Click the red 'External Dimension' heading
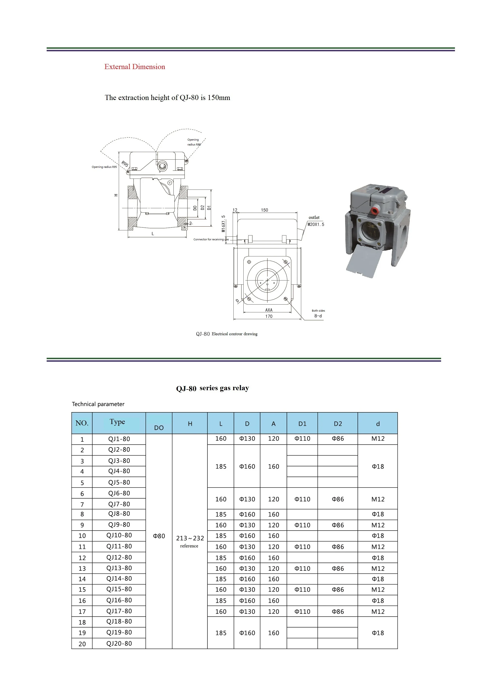click(x=135, y=67)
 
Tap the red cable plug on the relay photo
click(x=375, y=210)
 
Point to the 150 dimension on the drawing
click(x=264, y=210)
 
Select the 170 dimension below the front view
click(x=269, y=316)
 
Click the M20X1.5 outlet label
click(x=316, y=225)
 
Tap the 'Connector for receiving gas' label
click(x=211, y=239)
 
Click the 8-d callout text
click(x=318, y=316)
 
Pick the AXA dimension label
click(x=269, y=310)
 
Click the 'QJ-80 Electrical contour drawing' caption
click(x=227, y=334)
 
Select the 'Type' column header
click(x=117, y=422)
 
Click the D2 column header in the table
click(x=338, y=424)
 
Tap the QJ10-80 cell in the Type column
click(x=119, y=535)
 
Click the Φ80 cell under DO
click(x=159, y=536)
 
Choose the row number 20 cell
click(x=82, y=644)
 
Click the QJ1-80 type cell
click(x=119, y=439)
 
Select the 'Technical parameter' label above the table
click(x=98, y=404)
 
